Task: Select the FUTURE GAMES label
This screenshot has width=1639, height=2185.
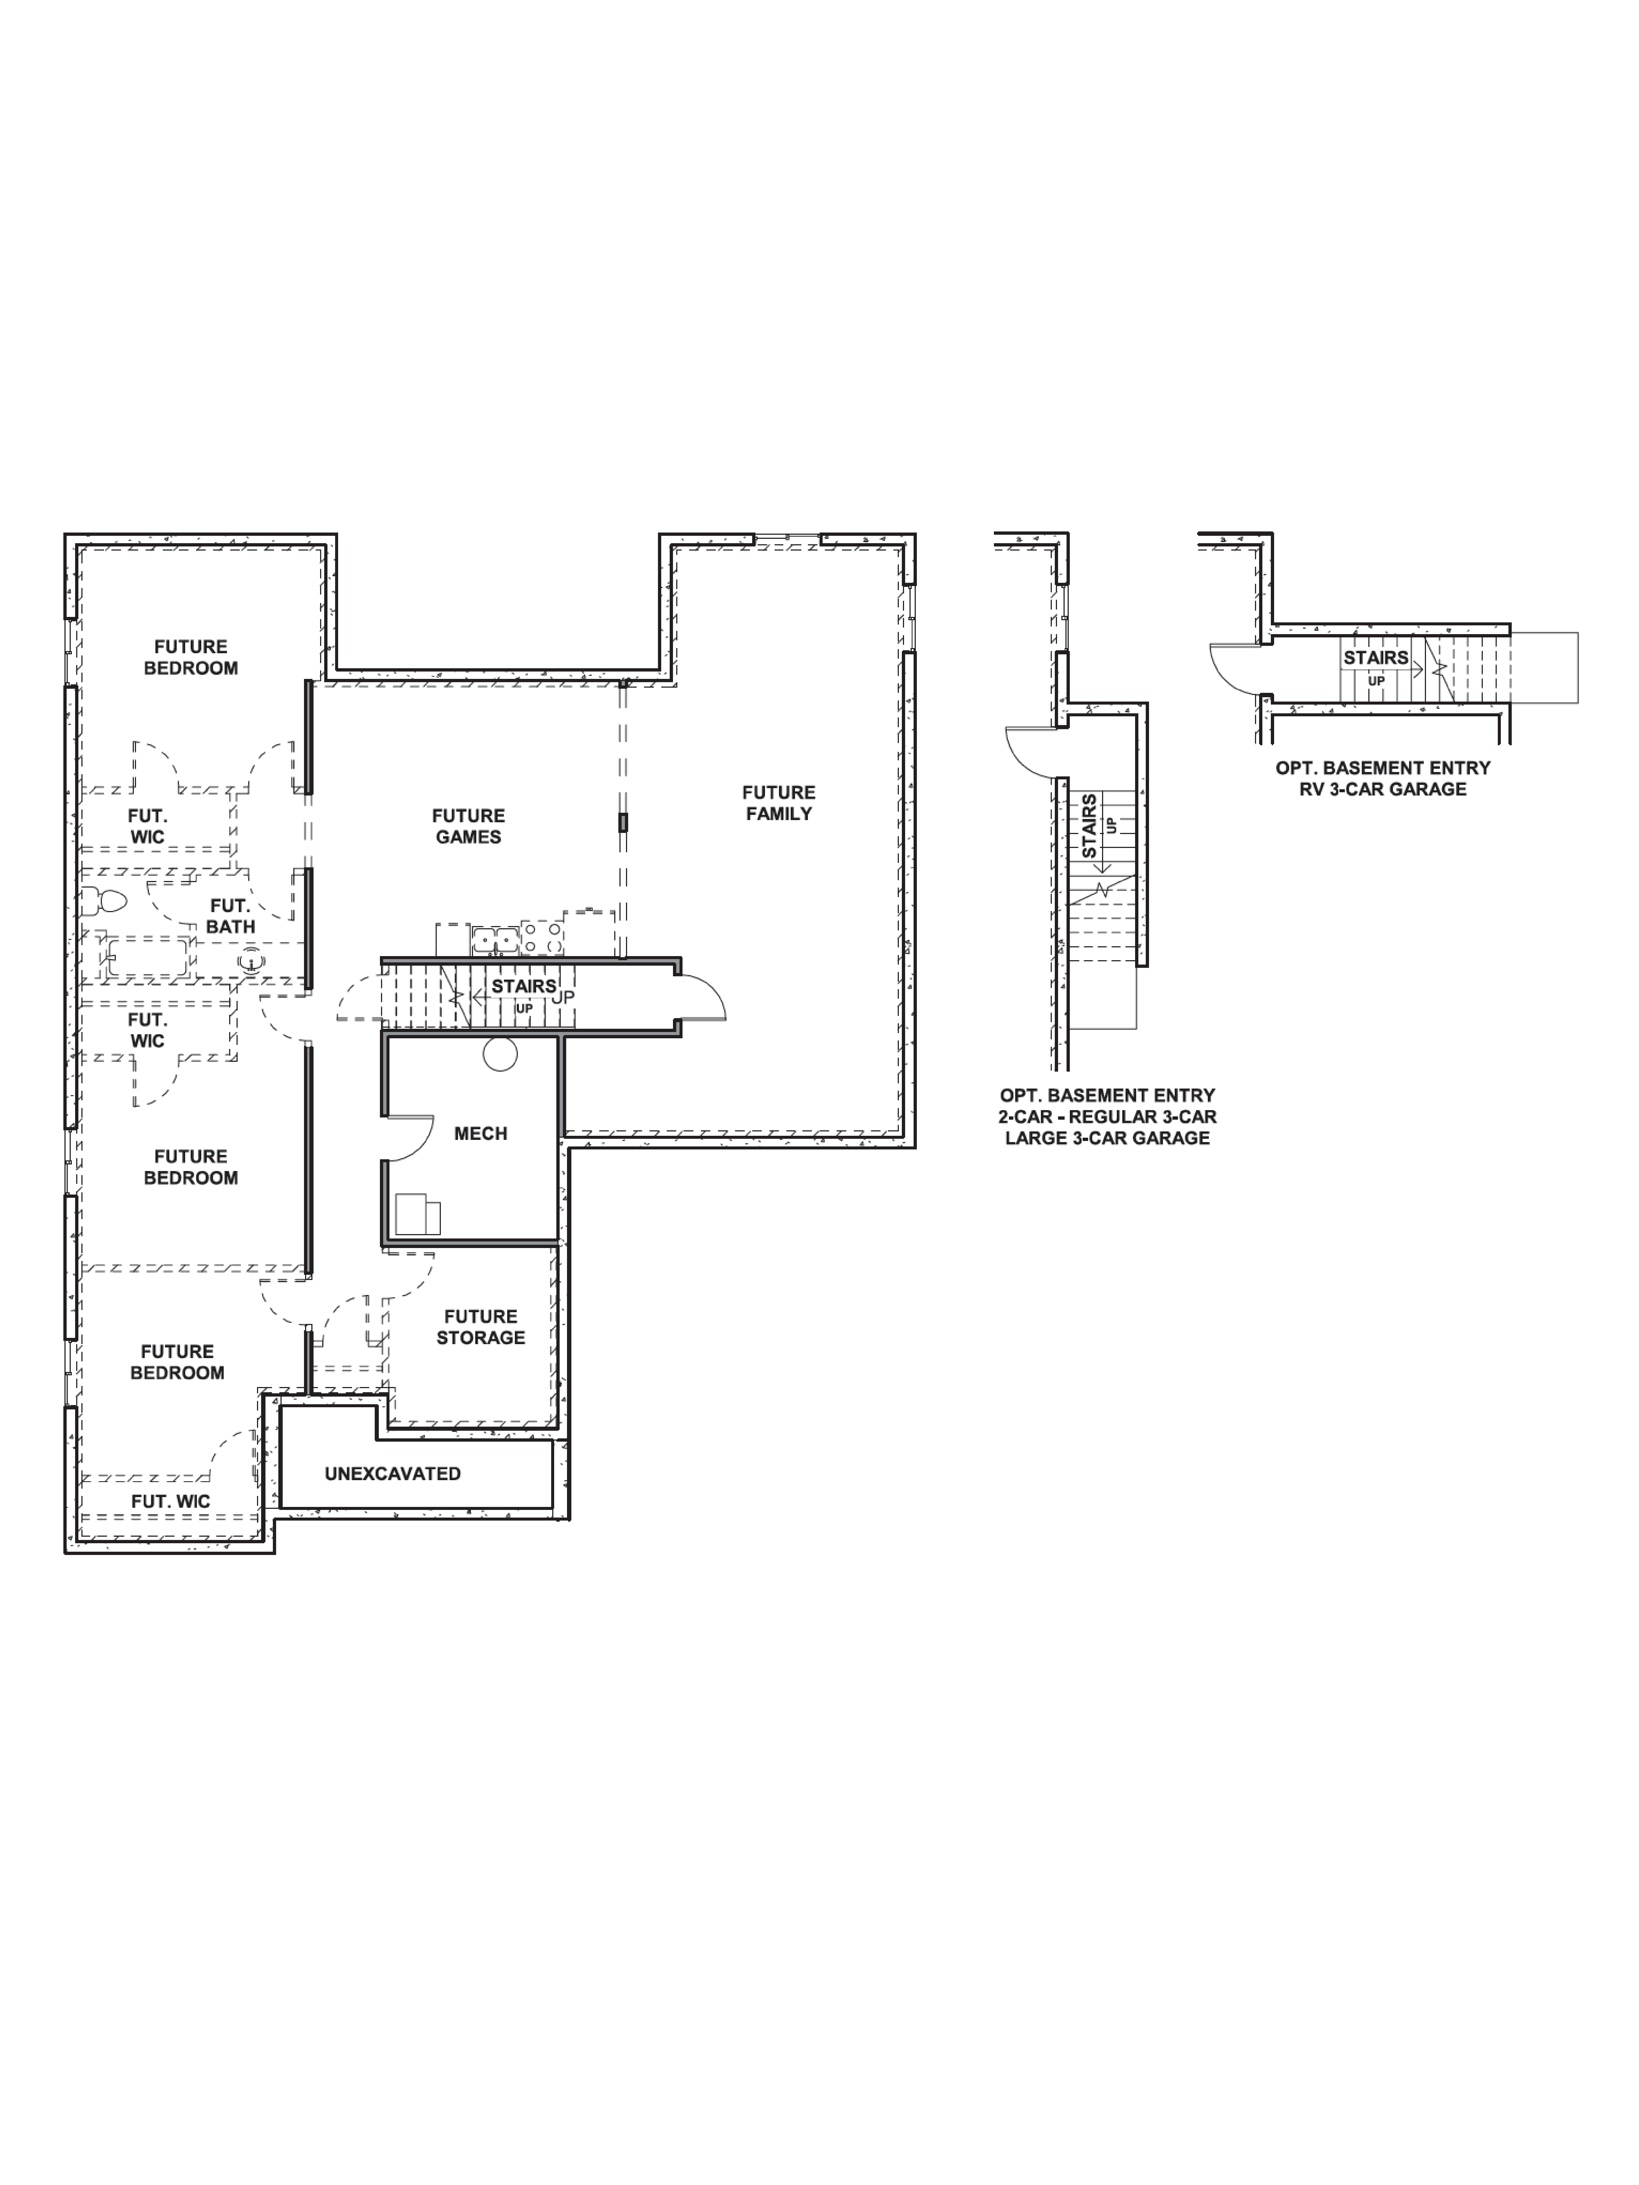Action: [x=468, y=826]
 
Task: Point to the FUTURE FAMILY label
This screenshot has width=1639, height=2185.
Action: [x=778, y=803]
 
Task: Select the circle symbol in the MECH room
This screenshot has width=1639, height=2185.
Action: [x=500, y=1054]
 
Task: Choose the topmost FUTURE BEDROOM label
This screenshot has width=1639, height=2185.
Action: [x=191, y=657]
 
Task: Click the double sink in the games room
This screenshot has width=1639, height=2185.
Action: [x=494, y=939]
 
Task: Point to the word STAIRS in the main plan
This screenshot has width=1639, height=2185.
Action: [x=524, y=986]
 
